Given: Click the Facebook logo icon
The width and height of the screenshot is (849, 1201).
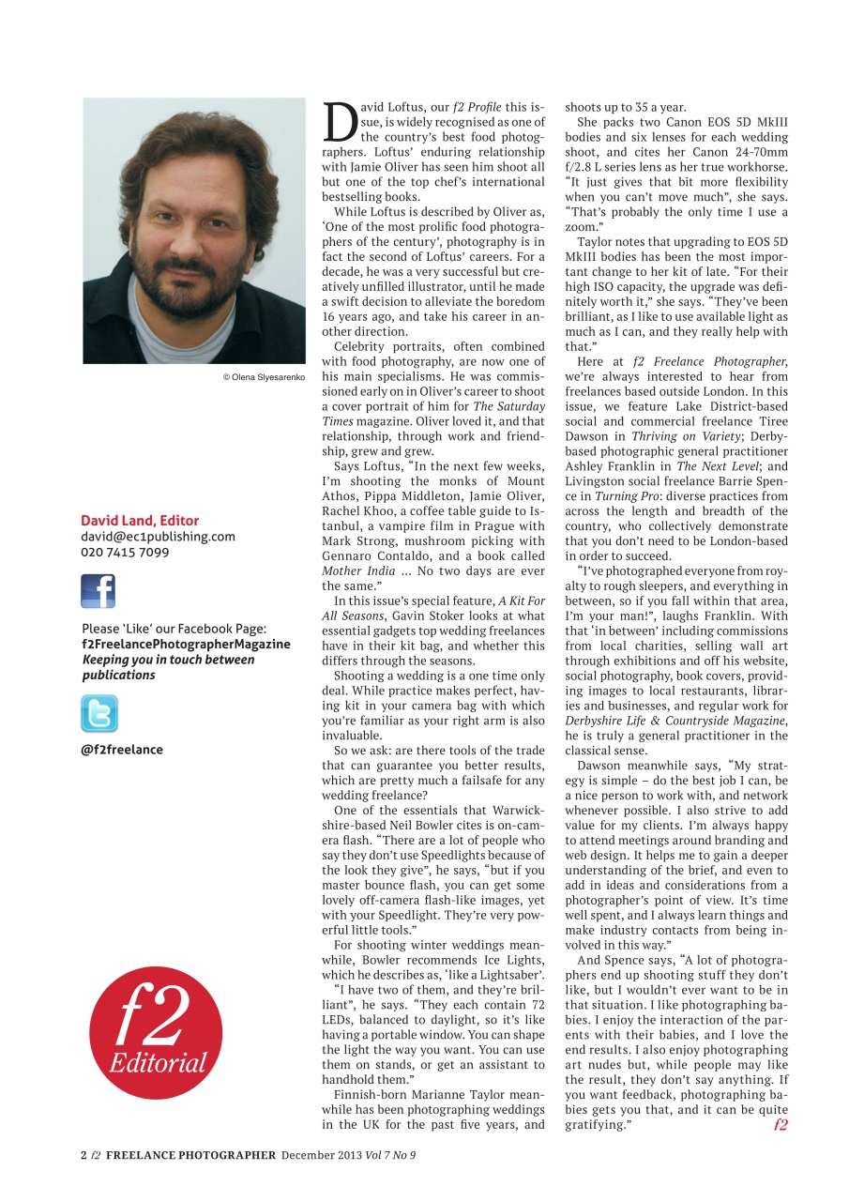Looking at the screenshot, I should pyautogui.click(x=98, y=592).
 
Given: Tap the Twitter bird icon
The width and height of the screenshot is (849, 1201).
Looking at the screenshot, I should pyautogui.click(x=99, y=714).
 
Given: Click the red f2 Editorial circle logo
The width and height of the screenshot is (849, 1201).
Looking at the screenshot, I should pyautogui.click(x=156, y=1032).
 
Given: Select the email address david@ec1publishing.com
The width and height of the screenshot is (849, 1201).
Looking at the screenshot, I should pyautogui.click(x=158, y=537).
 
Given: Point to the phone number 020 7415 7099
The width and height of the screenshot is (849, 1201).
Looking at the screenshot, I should pyautogui.click(x=125, y=553).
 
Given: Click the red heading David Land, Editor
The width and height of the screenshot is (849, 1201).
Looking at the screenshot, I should pyautogui.click(x=140, y=520).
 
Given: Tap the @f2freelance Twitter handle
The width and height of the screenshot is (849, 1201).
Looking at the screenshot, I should pyautogui.click(x=122, y=750).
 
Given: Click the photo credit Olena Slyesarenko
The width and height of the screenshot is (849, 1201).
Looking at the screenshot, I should pyautogui.click(x=264, y=377).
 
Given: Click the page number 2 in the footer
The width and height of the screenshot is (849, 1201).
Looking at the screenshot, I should pyautogui.click(x=83, y=1155).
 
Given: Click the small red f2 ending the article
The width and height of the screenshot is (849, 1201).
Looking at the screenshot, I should pyautogui.click(x=781, y=1124).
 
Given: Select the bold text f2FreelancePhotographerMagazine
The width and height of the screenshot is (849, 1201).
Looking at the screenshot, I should pyautogui.click(x=186, y=645).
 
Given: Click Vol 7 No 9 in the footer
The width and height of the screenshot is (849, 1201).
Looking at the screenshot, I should pyautogui.click(x=386, y=1155).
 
